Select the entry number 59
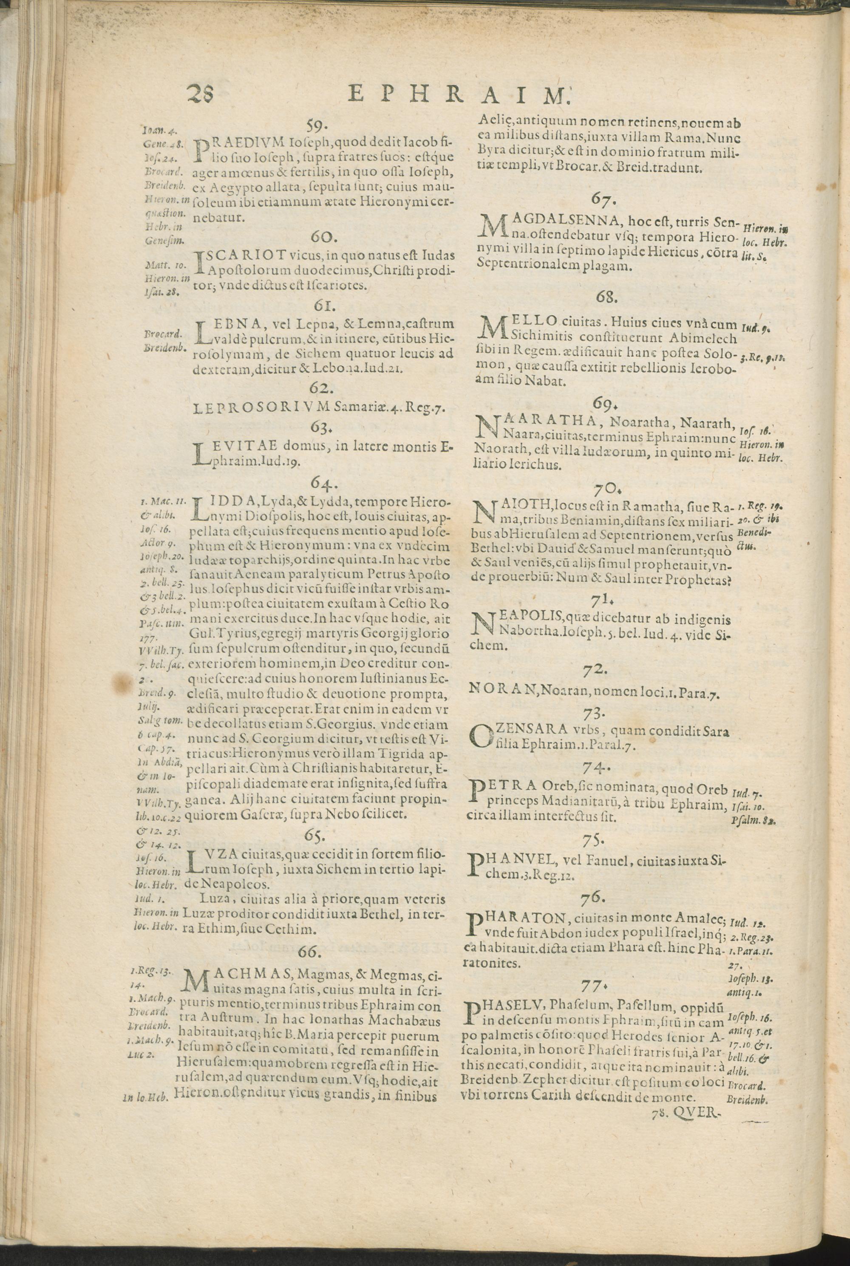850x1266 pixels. pos(315,126)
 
